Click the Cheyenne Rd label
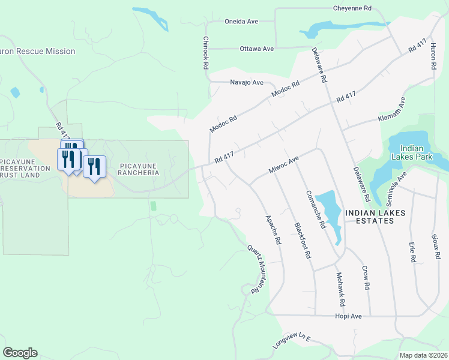point(352,8)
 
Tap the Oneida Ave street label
point(241,21)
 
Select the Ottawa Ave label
point(256,49)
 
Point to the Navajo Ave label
point(247,82)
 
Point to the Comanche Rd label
point(315,209)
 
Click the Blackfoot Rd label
point(302,240)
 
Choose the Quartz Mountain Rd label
point(256,268)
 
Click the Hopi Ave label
point(348,316)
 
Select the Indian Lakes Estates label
point(375,217)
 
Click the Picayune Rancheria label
point(139,169)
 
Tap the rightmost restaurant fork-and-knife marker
point(94,167)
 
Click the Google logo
point(20,353)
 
